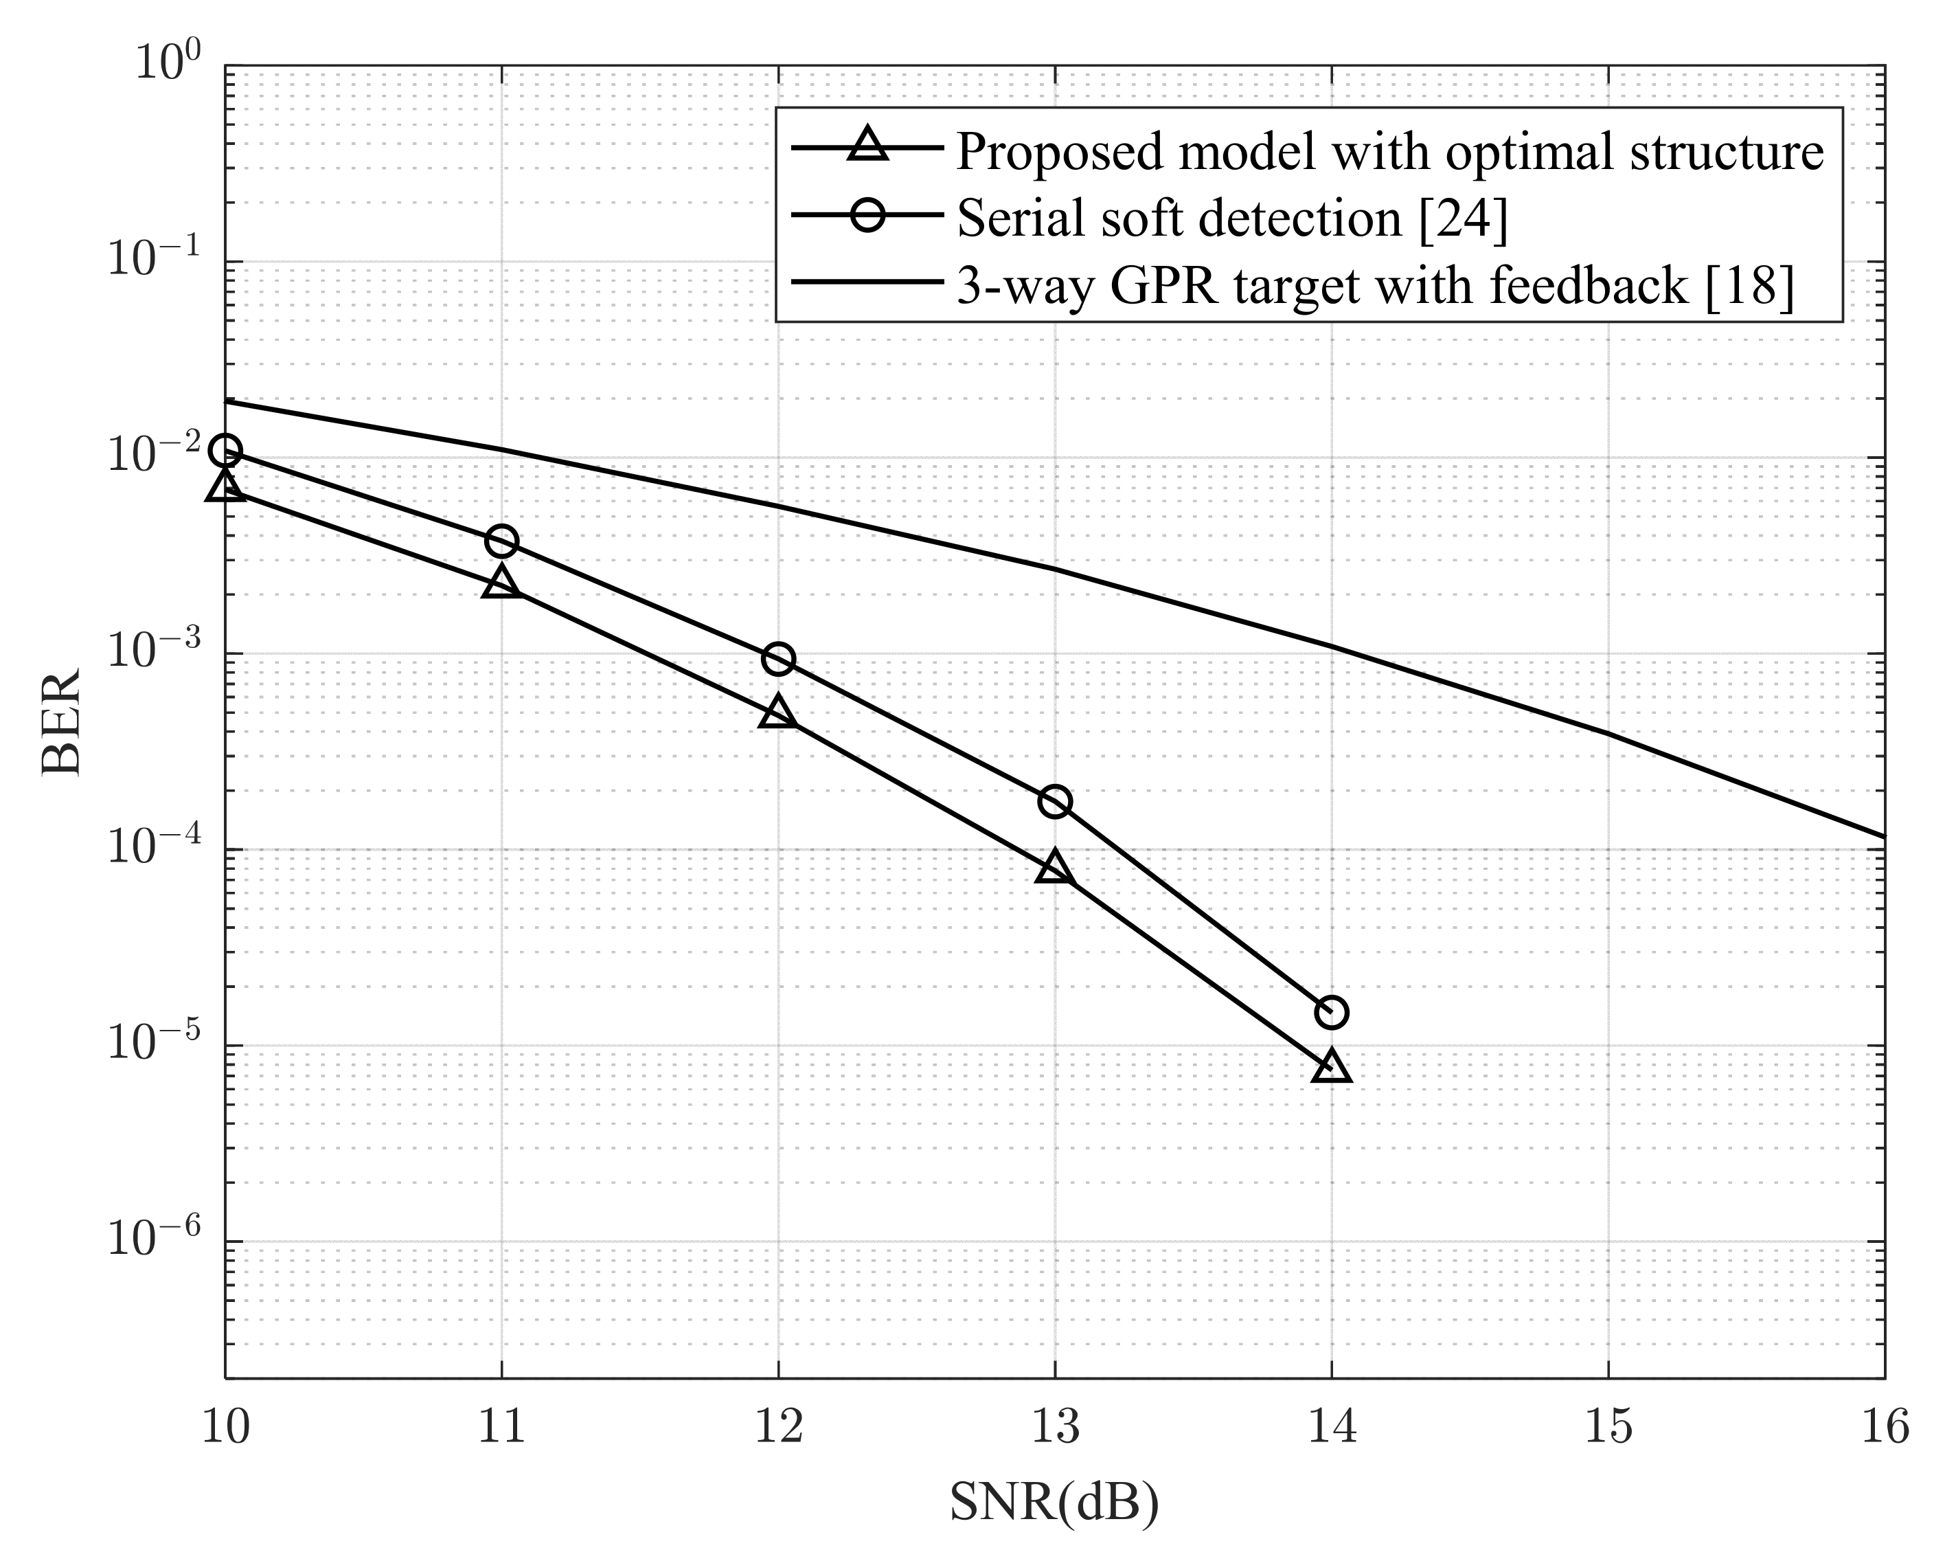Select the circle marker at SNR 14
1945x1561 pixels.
click(x=1332, y=1013)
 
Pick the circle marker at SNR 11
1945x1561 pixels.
click(x=501, y=541)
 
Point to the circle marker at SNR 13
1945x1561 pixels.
click(x=1055, y=801)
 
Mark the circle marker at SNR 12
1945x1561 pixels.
click(x=777, y=660)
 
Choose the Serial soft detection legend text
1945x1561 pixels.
click(x=1232, y=218)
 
